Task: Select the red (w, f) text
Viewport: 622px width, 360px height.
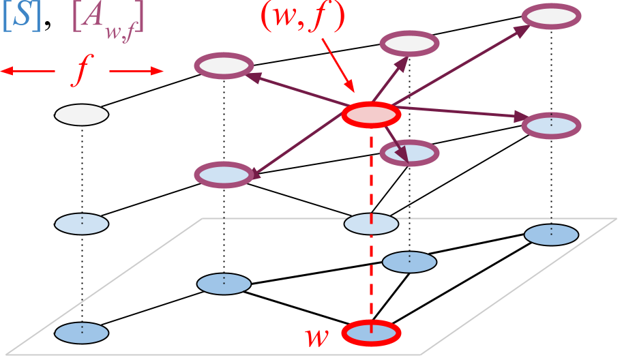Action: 303,17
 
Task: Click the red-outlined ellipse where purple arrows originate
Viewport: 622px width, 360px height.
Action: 371,115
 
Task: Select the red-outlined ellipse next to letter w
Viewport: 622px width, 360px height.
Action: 371,333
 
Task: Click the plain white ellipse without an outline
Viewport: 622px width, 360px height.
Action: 81,115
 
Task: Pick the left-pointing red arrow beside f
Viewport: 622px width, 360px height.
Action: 27,71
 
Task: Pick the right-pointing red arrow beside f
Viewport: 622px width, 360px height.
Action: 136,71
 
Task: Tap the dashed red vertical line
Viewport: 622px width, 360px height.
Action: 371,177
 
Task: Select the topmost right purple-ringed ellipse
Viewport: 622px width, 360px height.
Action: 551,16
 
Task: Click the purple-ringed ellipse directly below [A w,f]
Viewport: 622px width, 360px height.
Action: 224,66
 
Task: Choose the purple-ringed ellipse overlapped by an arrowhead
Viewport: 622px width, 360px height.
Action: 409,153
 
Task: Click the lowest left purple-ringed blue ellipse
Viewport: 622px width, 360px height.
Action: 224,175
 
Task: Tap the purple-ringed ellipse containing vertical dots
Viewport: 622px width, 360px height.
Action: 551,125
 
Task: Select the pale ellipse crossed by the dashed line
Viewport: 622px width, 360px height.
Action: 371,224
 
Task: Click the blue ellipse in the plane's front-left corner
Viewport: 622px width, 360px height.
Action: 81,333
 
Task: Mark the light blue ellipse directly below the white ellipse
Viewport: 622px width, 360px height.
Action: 81,224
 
